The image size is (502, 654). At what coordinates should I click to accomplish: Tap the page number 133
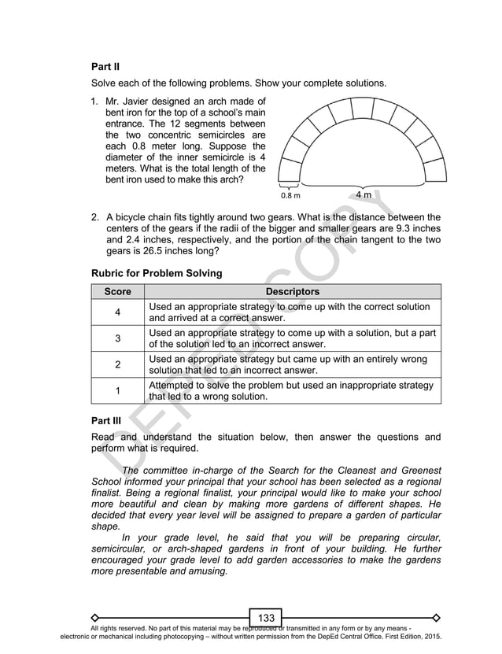pos(266,617)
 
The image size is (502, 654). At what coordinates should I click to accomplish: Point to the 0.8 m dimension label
pos(290,194)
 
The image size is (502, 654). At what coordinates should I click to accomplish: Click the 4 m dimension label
pos(364,193)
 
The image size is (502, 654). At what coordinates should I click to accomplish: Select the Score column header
pos(117,291)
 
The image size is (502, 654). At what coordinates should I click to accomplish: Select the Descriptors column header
pos(292,291)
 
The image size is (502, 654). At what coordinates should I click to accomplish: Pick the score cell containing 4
pos(117,312)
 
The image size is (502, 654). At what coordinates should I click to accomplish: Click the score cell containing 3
pos(117,338)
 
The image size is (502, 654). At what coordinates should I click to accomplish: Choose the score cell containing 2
pos(117,364)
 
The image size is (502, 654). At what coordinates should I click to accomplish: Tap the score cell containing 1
pos(117,391)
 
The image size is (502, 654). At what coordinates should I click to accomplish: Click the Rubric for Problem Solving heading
pos(157,273)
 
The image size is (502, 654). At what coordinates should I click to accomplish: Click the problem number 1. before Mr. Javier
pos(95,102)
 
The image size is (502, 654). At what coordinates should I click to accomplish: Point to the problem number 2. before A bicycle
pos(95,217)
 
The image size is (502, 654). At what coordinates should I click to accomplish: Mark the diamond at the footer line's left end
pos(94,617)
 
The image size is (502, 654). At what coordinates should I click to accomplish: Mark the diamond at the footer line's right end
pos(437,617)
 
